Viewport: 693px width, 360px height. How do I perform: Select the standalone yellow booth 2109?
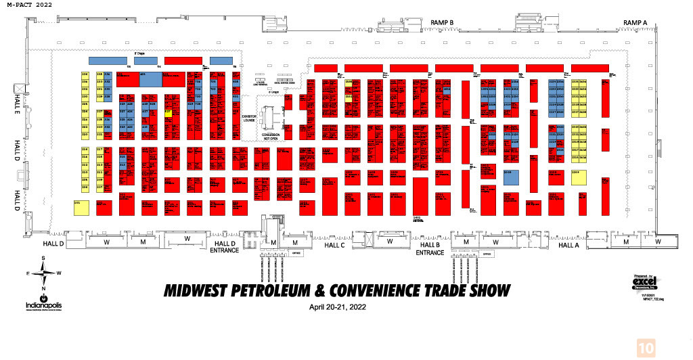point(579,177)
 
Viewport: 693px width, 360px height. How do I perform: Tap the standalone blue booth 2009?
point(511,177)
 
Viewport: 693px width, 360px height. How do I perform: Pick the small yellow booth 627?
point(168,114)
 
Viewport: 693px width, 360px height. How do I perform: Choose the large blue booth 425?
point(150,78)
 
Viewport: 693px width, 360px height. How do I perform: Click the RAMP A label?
point(635,23)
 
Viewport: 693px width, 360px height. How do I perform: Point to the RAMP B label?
point(442,23)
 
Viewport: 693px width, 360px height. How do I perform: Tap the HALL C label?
point(334,245)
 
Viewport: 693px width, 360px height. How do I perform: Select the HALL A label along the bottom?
point(568,245)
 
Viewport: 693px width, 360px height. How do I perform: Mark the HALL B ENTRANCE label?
point(429,248)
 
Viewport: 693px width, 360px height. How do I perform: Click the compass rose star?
point(44,273)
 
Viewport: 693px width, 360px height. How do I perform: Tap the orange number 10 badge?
point(646,347)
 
